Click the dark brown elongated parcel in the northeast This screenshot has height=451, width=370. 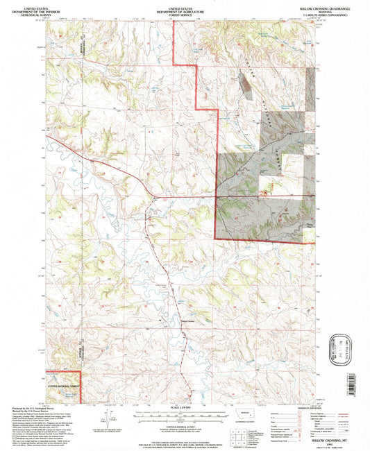tap(246, 83)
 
